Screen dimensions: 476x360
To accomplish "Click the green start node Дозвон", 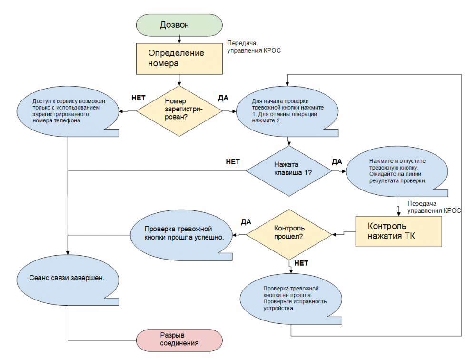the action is [x=179, y=25].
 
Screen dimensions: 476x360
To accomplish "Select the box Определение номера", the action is [x=179, y=59].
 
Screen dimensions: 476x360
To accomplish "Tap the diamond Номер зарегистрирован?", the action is [x=179, y=111].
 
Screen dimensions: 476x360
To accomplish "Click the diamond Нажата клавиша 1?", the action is [x=289, y=171].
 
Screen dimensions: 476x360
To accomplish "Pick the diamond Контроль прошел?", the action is [x=289, y=235].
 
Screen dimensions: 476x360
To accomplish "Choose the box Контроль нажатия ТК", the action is [x=398, y=231].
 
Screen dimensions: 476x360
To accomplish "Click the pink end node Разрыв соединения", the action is [x=179, y=340].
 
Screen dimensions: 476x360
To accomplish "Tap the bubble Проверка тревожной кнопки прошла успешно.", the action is [x=181, y=235].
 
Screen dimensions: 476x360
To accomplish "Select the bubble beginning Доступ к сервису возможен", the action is [x=68, y=111].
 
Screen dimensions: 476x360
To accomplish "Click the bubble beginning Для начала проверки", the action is [x=287, y=111].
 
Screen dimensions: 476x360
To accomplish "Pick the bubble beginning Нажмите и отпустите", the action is [x=397, y=171].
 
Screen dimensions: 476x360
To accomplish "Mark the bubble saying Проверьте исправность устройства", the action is [x=291, y=299].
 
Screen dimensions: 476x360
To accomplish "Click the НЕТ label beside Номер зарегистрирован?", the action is [x=139, y=98].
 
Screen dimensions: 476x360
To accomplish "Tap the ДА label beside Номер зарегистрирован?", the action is [x=223, y=98].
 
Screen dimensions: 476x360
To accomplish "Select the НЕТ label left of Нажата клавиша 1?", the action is [x=233, y=161].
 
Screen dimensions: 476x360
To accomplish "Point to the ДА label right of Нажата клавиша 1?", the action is [x=337, y=161].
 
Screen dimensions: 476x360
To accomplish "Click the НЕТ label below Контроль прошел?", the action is [x=301, y=263].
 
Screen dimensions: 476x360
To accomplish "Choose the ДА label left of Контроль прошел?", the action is [x=246, y=222].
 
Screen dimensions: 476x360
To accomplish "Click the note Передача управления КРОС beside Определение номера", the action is [x=254, y=47].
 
